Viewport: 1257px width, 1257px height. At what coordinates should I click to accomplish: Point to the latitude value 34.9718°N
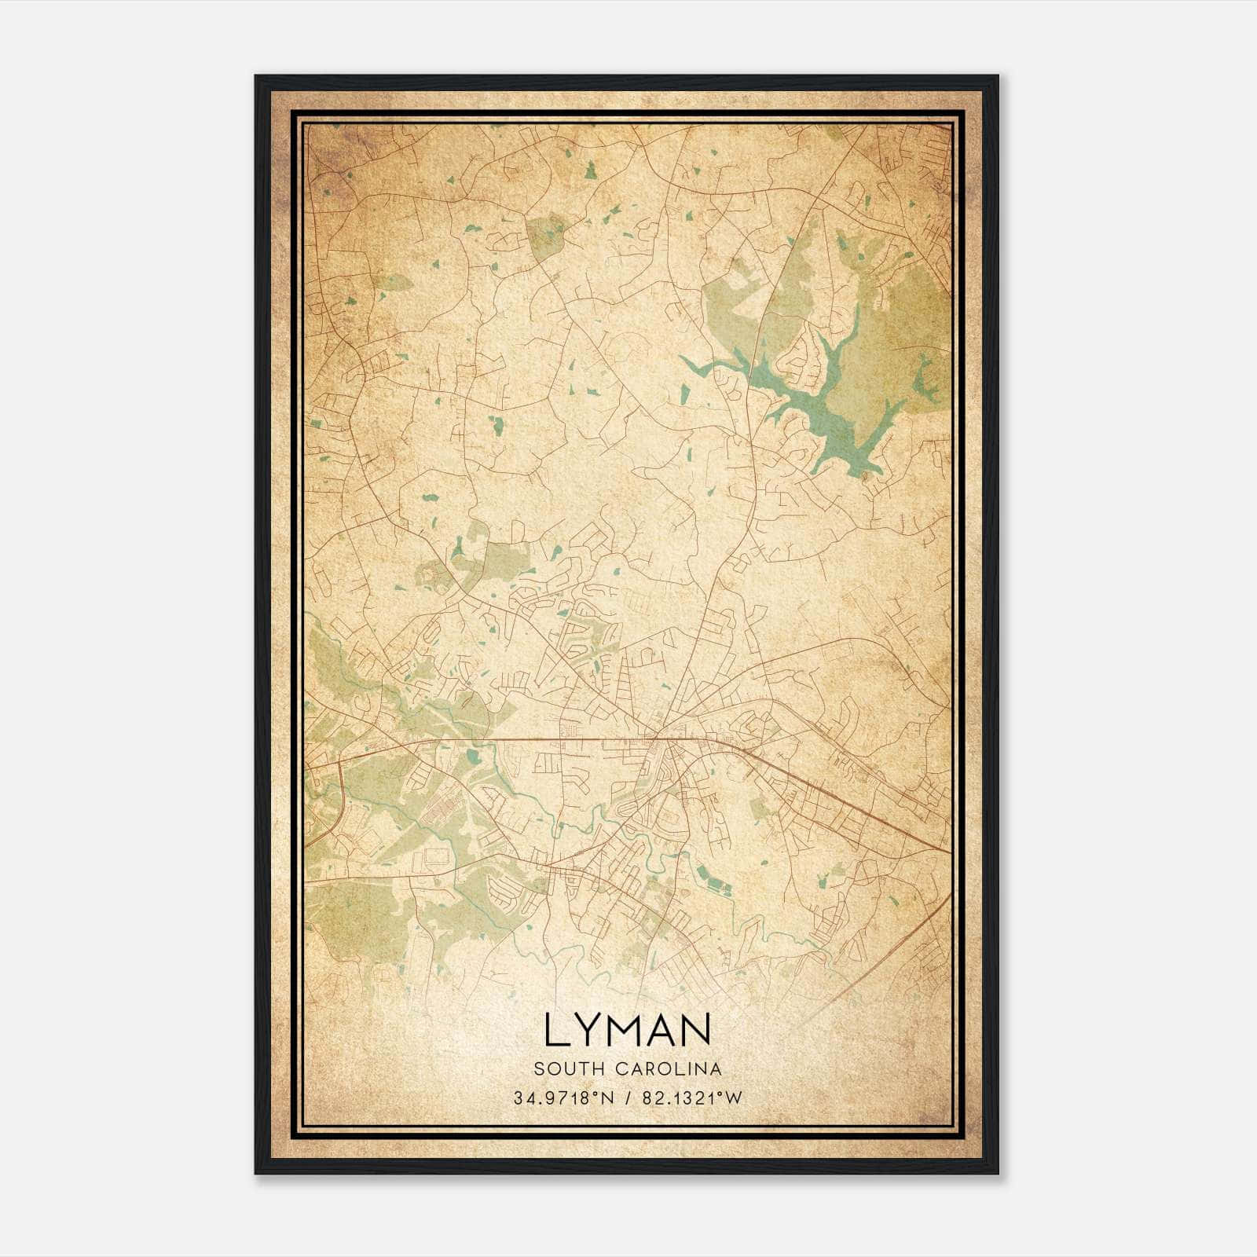pos(559,1098)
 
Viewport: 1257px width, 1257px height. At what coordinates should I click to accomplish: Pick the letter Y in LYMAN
pos(587,1030)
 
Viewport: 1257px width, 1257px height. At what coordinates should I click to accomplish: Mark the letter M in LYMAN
pos(625,1030)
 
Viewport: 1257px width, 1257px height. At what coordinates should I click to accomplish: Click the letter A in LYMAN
pos(665,1030)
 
